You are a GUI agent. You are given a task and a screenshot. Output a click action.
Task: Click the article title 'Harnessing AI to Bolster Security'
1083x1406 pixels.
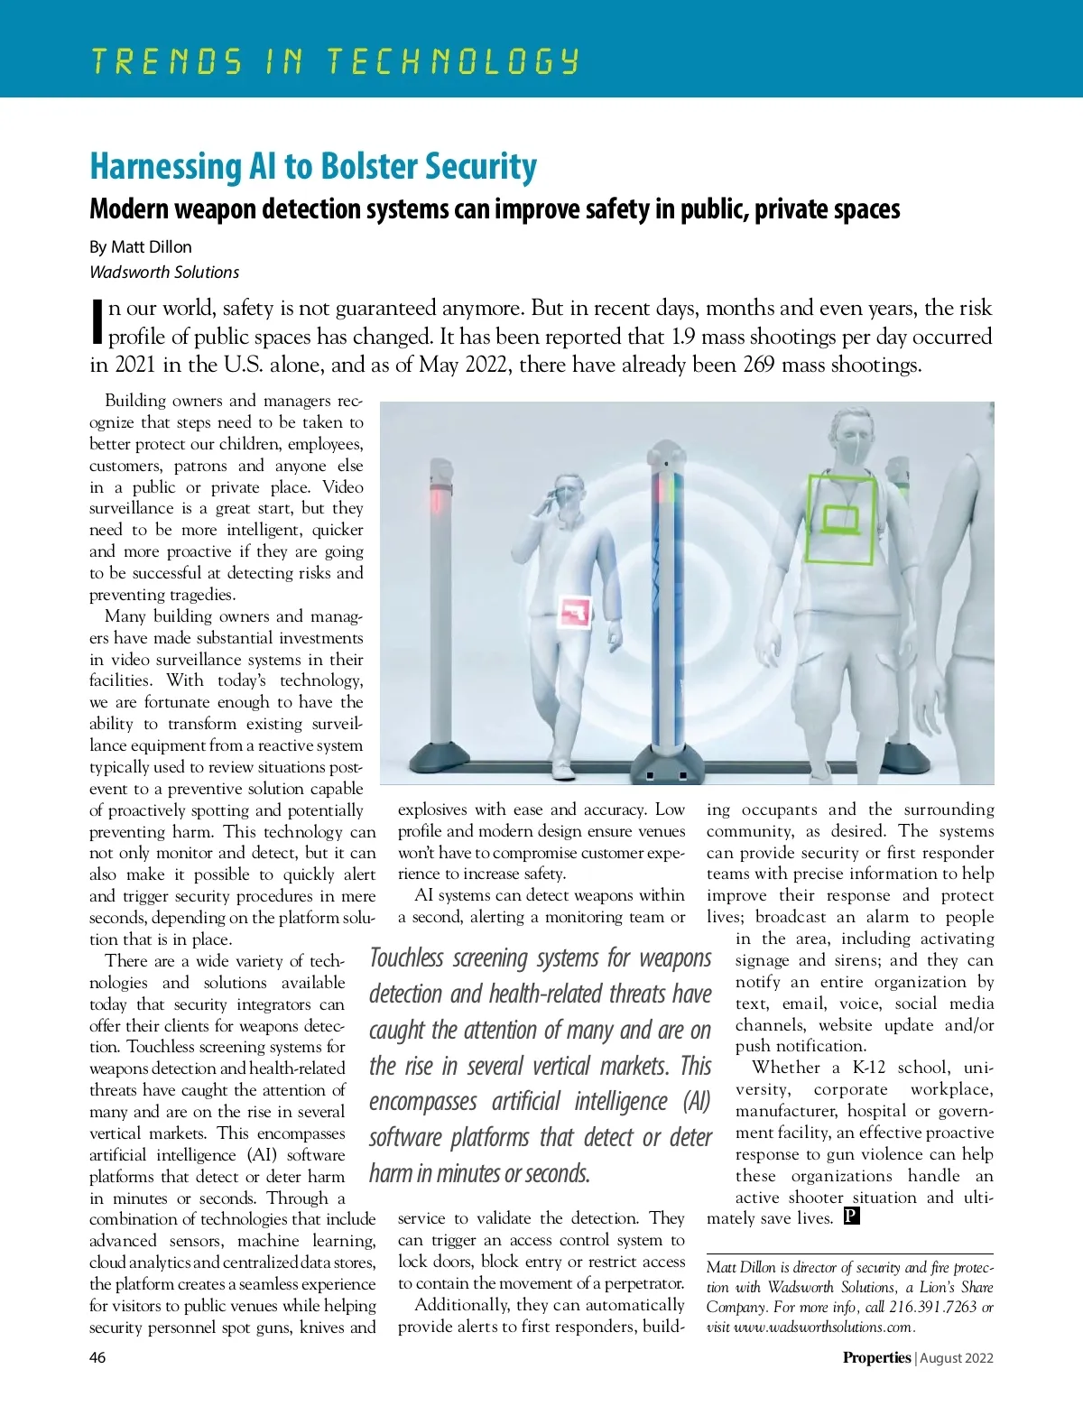coord(313,167)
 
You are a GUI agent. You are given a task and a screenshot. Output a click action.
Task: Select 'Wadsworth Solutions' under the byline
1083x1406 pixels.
coord(164,272)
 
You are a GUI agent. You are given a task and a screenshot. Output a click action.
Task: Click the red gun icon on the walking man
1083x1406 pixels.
coord(575,613)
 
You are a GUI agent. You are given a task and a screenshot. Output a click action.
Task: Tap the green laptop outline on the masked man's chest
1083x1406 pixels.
coord(840,519)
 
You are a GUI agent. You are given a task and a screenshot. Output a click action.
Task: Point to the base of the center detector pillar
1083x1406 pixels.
coord(665,765)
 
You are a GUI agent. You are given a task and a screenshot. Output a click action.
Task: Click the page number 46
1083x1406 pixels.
coord(97,1357)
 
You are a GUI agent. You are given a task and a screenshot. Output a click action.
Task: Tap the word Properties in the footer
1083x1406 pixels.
coord(876,1357)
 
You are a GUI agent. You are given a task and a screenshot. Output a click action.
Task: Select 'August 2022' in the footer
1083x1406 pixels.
coord(958,1357)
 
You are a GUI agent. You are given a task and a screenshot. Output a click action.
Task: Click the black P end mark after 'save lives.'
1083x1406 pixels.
coord(851,1216)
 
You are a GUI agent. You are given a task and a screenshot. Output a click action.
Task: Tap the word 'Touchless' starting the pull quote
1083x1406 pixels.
coord(407,957)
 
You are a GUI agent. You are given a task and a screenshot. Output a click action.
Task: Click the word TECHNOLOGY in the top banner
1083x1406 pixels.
coord(452,61)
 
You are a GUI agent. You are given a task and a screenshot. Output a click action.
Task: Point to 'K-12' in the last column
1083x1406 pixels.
coord(869,1068)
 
